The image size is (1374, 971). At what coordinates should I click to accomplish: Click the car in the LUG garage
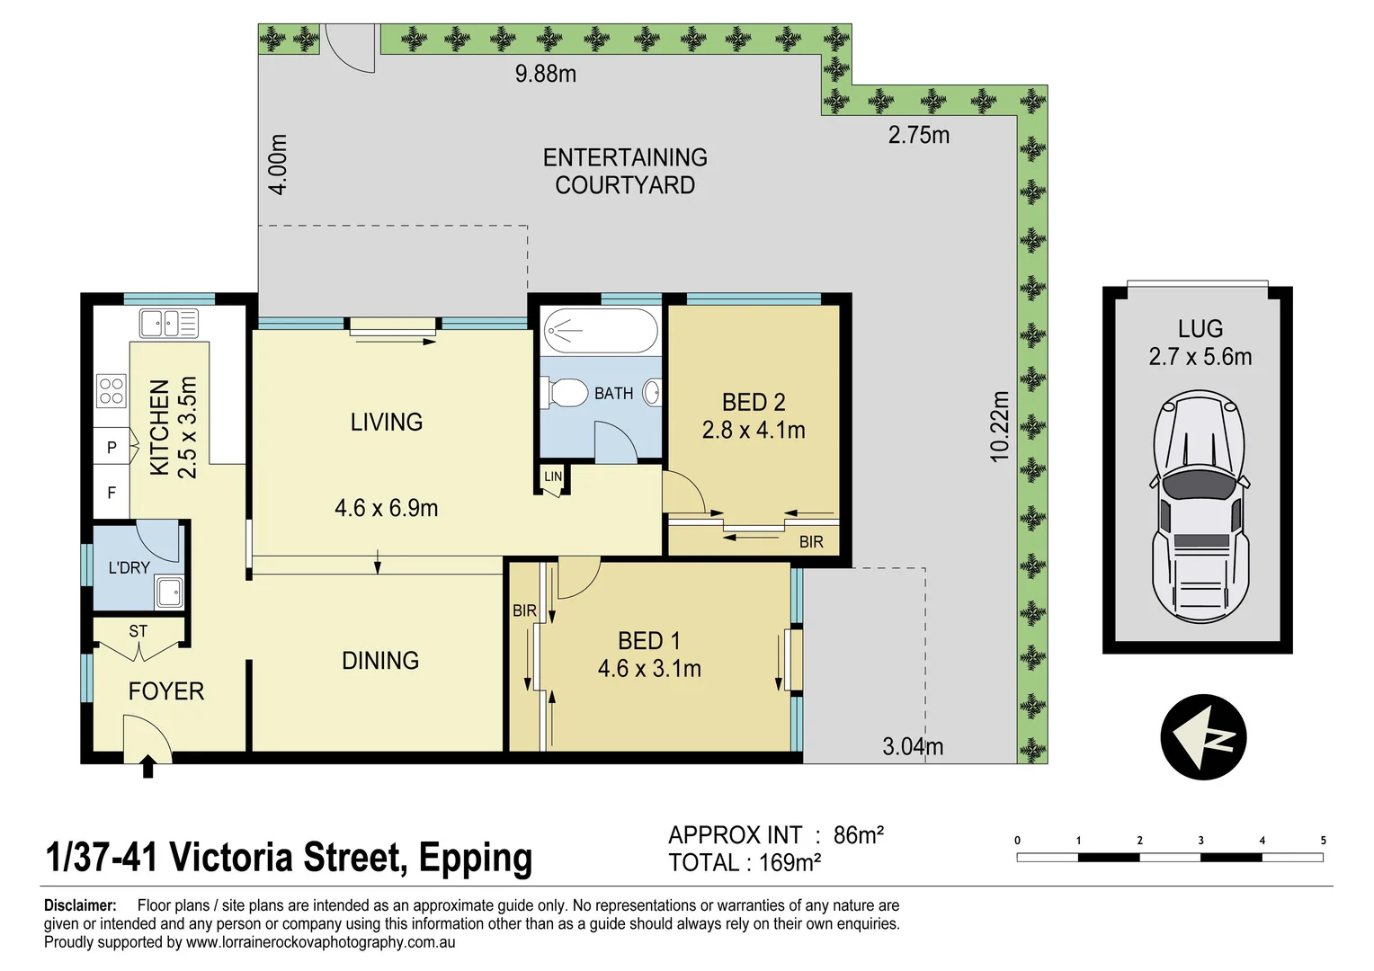[x=1200, y=507]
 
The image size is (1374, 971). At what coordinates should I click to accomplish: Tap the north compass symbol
[x=1203, y=736]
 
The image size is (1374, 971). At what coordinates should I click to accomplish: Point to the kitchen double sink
[x=168, y=323]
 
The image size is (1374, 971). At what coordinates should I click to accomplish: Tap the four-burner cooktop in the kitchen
[x=112, y=391]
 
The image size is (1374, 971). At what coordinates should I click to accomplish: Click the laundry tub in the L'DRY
[x=168, y=592]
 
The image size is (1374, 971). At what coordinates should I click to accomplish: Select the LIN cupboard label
[x=553, y=477]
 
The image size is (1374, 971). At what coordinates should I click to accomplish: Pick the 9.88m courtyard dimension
[x=545, y=74]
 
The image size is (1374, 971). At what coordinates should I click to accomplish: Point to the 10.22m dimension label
[x=1000, y=427]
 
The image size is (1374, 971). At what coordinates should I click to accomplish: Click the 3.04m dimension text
[x=913, y=746]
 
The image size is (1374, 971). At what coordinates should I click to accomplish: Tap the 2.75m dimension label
[x=918, y=135]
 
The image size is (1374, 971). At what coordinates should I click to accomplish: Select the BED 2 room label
[x=754, y=402]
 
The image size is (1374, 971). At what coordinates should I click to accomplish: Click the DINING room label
[x=380, y=661]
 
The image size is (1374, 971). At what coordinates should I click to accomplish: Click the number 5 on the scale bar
[x=1323, y=841]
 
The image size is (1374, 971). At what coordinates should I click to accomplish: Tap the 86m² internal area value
[x=858, y=835]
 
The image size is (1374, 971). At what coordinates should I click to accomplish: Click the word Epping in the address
[x=475, y=858]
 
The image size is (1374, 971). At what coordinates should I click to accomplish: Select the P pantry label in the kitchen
[x=112, y=447]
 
